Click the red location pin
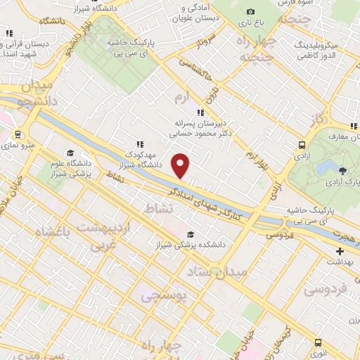pyautogui.click(x=181, y=166)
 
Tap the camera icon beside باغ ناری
pyautogui.click(x=251, y=11)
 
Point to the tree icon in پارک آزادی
pyautogui.click(x=342, y=170)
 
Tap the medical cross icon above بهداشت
pyautogui.click(x=340, y=251)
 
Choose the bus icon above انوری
pyautogui.click(x=319, y=342)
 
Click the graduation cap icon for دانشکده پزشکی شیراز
pyautogui.click(x=191, y=235)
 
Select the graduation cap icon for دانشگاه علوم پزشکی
pyautogui.click(x=70, y=153)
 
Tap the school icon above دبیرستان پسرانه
pyautogui.click(x=200, y=112)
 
